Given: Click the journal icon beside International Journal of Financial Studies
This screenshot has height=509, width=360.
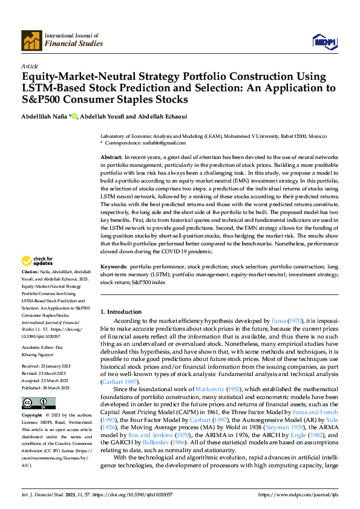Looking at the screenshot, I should (x=31, y=40).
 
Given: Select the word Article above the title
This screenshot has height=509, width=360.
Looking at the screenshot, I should (x=30, y=66).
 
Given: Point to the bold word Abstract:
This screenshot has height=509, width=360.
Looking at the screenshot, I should (x=113, y=157).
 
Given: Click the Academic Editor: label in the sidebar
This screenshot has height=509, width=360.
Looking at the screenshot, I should (x=42, y=348).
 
